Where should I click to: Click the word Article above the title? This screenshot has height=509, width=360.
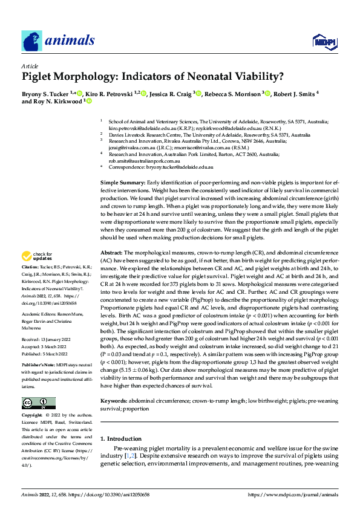pyautogui.click(x=29, y=66)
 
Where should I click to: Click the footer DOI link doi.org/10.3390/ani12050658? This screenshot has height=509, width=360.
pyautogui.click(x=100, y=494)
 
